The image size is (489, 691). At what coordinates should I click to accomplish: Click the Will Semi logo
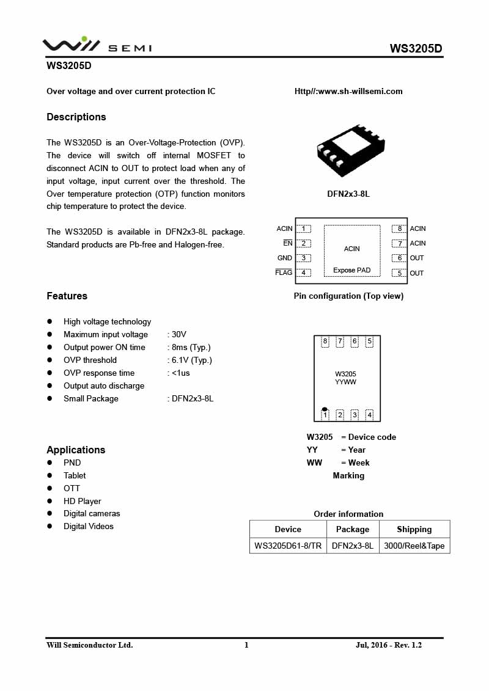pyautogui.click(x=97, y=45)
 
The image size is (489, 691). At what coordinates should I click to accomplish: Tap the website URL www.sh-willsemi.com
pyautogui.click(x=348, y=91)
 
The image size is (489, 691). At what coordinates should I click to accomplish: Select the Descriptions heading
pyautogui.click(x=76, y=117)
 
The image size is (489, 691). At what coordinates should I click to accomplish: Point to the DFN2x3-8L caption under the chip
pyautogui.click(x=348, y=194)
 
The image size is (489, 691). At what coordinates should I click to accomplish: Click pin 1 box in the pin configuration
pyautogui.click(x=303, y=229)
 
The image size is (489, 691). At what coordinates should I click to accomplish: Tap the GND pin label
pyautogui.click(x=285, y=258)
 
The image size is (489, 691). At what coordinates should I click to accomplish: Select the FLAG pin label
pyautogui.click(x=284, y=272)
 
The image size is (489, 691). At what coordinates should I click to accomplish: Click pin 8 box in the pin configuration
pyautogui.click(x=400, y=229)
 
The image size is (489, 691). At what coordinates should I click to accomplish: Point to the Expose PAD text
pyautogui.click(x=351, y=270)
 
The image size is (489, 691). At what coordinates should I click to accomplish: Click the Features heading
pyautogui.click(x=67, y=296)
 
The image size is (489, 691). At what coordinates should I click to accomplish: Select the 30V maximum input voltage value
pyautogui.click(x=178, y=334)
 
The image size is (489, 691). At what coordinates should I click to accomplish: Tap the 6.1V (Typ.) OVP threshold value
pyautogui.click(x=191, y=360)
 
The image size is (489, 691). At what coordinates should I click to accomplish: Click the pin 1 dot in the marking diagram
pyautogui.click(x=325, y=409)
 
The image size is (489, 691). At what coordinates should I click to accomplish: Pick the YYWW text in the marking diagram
pyautogui.click(x=345, y=382)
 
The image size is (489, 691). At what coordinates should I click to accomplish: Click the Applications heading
pyautogui.click(x=76, y=450)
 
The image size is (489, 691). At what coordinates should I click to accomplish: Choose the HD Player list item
pyautogui.click(x=83, y=501)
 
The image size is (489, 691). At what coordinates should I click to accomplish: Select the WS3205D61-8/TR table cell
pyautogui.click(x=288, y=546)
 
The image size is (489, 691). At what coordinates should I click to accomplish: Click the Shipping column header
pyautogui.click(x=414, y=529)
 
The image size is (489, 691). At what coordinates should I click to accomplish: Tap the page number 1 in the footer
pyautogui.click(x=246, y=645)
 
